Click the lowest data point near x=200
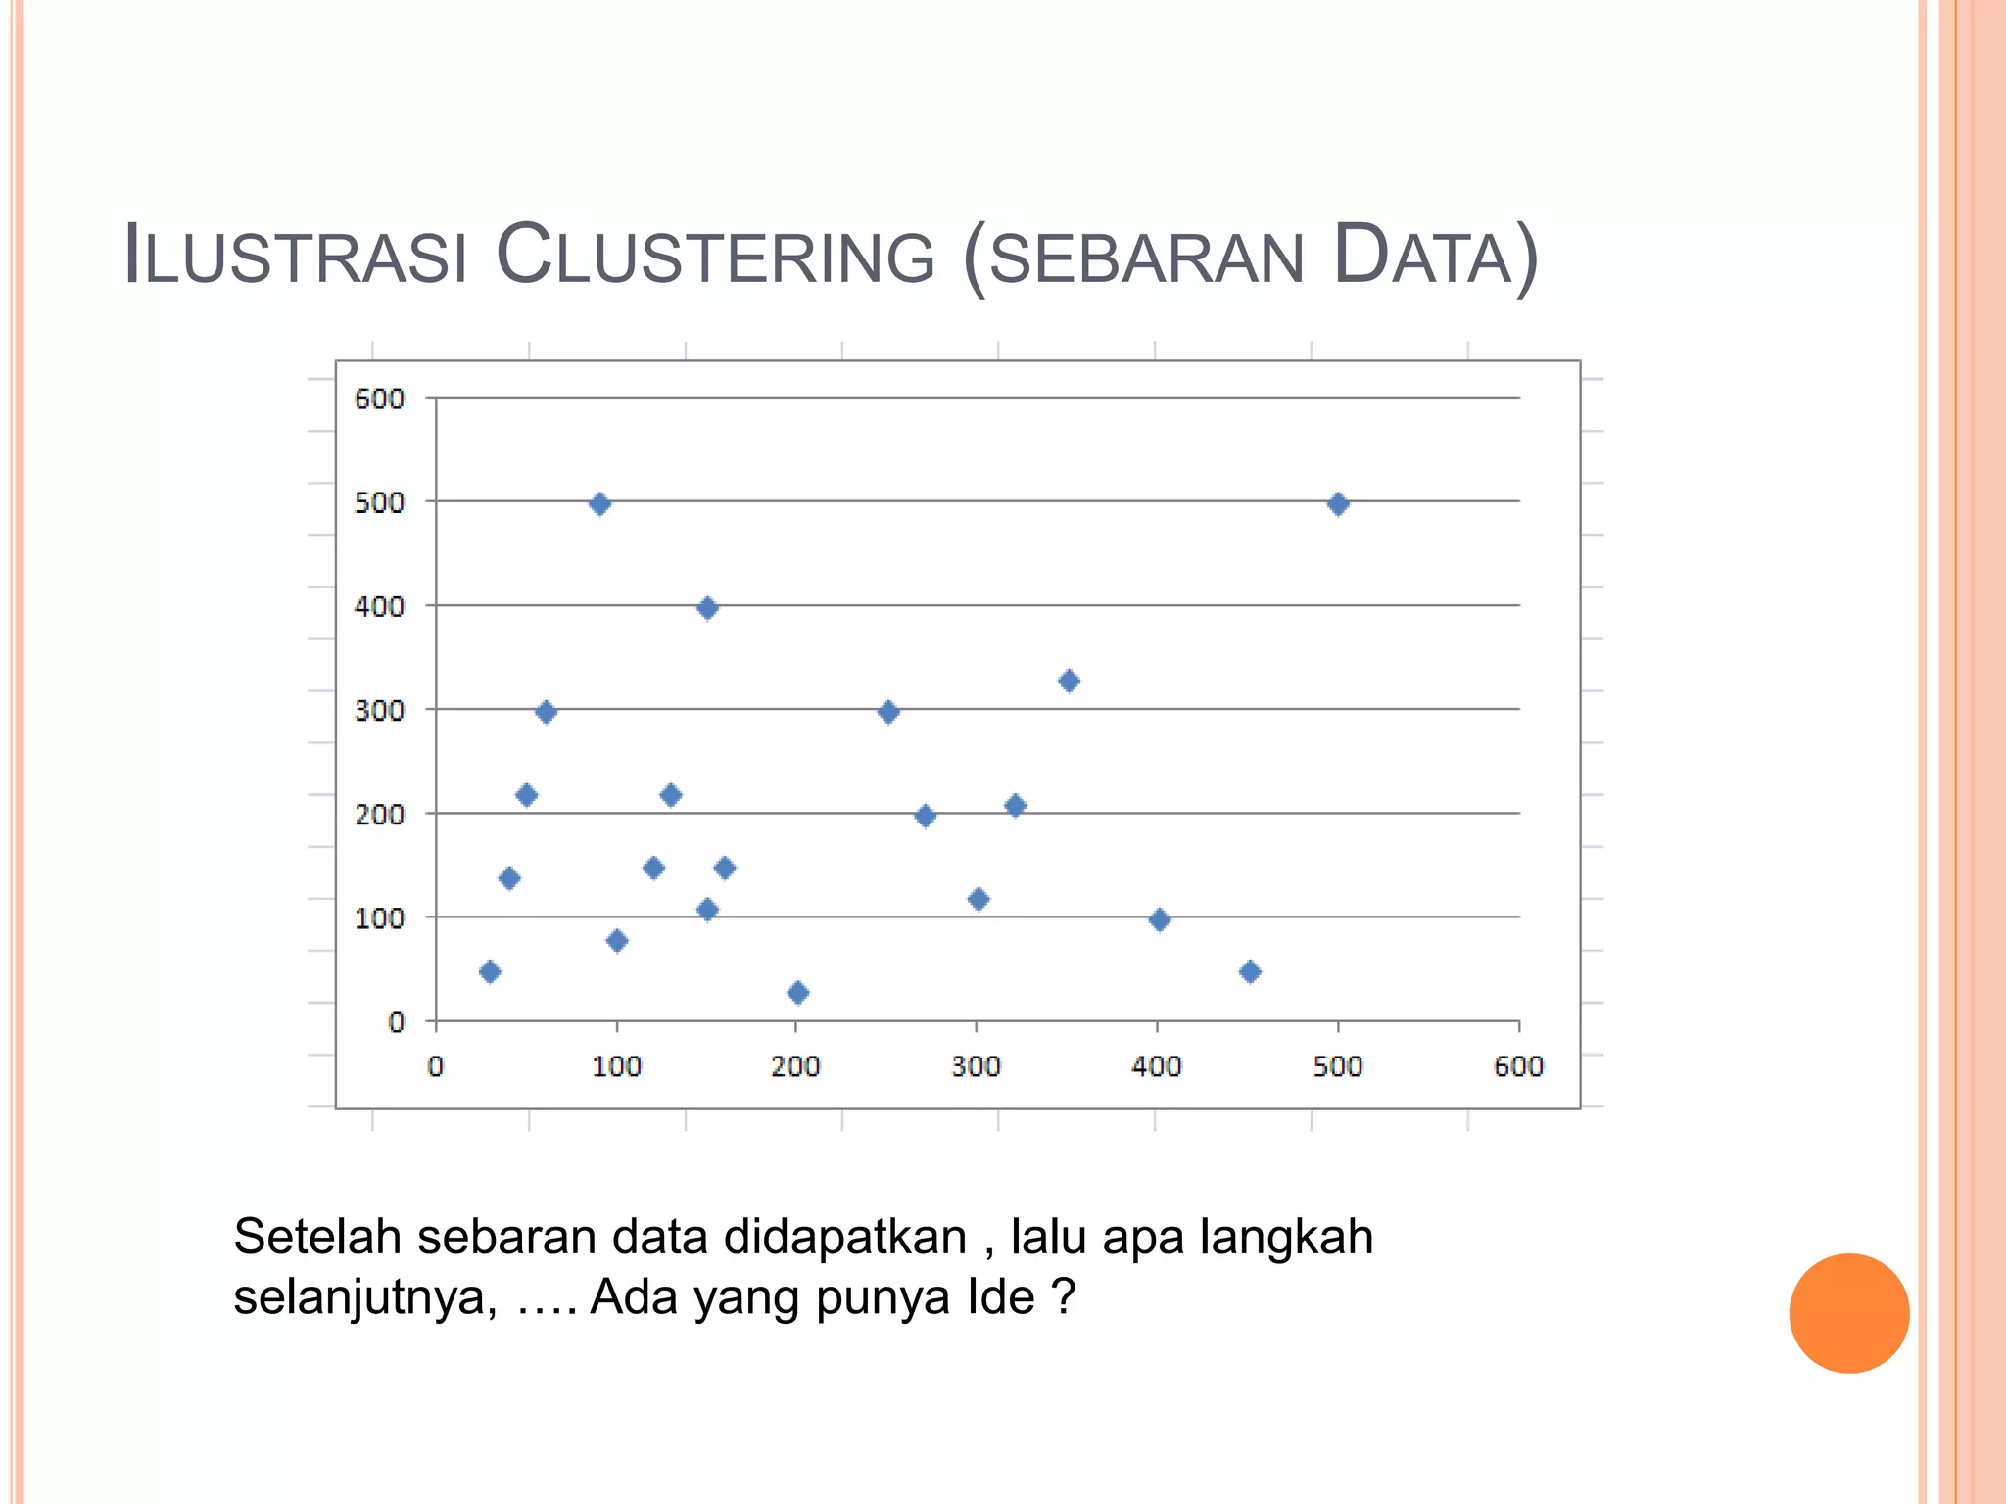[797, 993]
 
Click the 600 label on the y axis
[379, 399]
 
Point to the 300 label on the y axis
[379, 711]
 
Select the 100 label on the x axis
[616, 1066]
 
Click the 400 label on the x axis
[1157, 1066]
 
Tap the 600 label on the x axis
[1518, 1066]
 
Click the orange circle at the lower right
[1848, 1313]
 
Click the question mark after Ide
[1064, 1297]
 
